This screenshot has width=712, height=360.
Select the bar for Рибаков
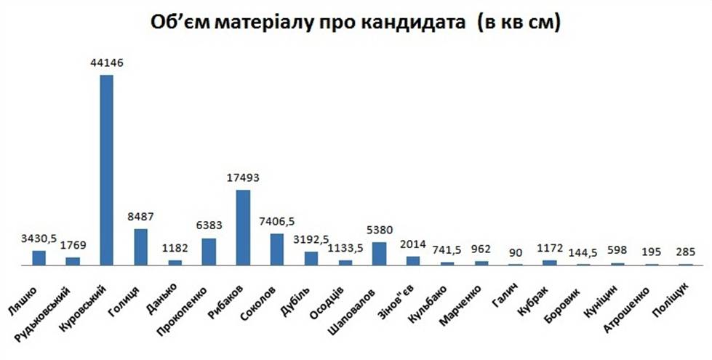(243, 228)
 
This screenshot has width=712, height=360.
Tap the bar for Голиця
(140, 247)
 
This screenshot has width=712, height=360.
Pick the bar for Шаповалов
(379, 254)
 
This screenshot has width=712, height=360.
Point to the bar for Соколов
(277, 249)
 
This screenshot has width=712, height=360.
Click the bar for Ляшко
(39, 258)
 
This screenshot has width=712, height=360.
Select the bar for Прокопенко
(209, 252)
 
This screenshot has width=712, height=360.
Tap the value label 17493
(243, 177)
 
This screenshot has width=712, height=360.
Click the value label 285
(685, 251)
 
